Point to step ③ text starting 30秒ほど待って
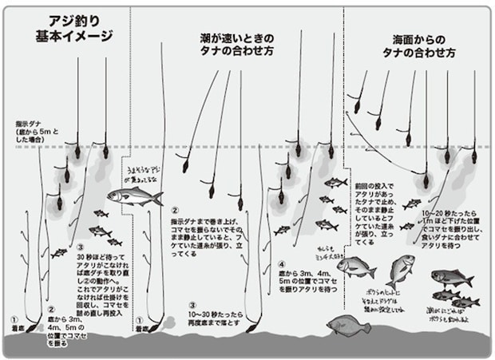(100, 275)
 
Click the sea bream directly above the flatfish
(351, 272)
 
